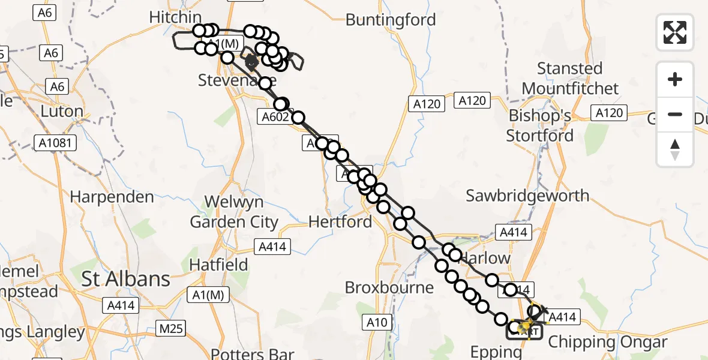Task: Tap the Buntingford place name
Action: click(x=391, y=20)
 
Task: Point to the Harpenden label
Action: click(x=112, y=197)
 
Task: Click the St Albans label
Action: click(x=125, y=279)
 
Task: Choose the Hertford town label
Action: click(x=340, y=222)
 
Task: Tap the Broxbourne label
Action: click(x=389, y=287)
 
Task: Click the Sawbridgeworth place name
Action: click(x=527, y=196)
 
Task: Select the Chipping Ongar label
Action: click(x=607, y=343)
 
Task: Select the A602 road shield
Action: click(x=275, y=117)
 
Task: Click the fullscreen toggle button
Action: click(x=675, y=32)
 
